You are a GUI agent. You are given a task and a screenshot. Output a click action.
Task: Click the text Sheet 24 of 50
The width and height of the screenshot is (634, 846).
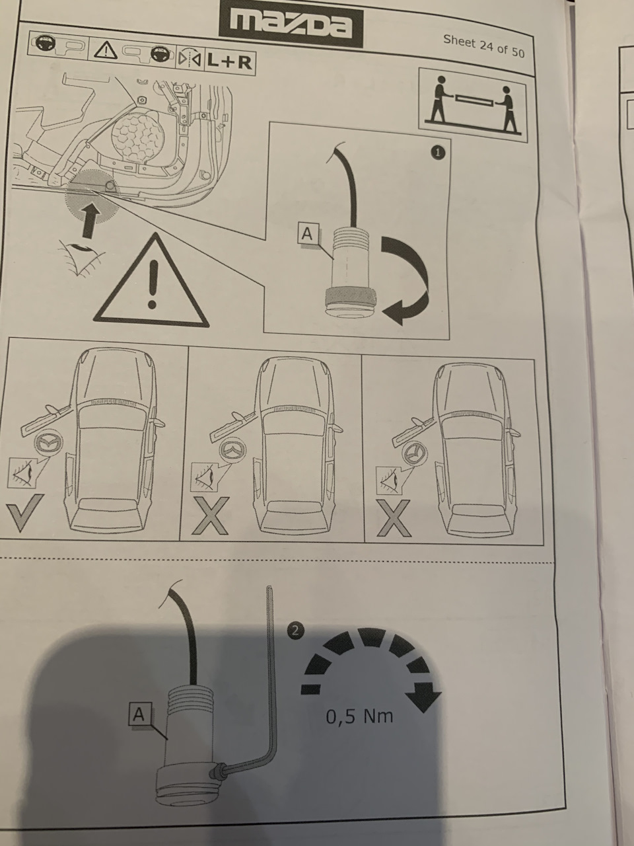coord(483,45)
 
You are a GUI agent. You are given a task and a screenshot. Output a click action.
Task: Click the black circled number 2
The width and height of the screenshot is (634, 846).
coord(295,630)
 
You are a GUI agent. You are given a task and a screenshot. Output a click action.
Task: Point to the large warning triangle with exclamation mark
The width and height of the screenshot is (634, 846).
coord(153,285)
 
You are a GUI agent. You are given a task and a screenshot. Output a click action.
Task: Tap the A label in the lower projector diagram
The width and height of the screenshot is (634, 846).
coord(139,714)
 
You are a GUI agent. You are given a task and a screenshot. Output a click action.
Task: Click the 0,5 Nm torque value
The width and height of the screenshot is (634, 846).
coord(359,716)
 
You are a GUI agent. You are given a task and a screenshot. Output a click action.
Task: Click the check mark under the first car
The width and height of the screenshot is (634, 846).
coord(24,512)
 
